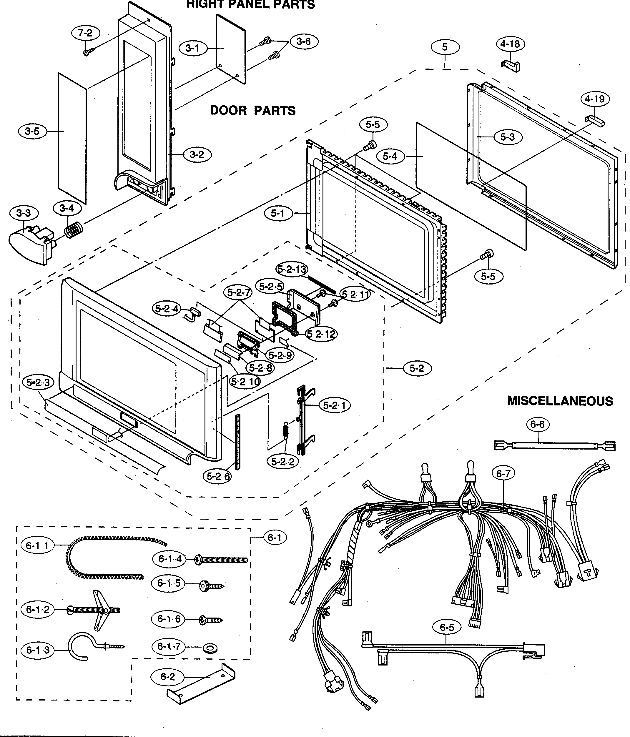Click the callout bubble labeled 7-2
click(85, 33)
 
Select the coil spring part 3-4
click(74, 230)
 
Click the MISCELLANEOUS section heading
click(560, 401)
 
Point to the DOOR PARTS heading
click(252, 110)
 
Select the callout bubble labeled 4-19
click(595, 99)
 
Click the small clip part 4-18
click(511, 66)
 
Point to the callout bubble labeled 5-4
click(390, 156)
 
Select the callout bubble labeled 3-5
click(32, 131)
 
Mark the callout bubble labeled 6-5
click(447, 627)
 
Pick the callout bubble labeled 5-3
click(508, 137)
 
